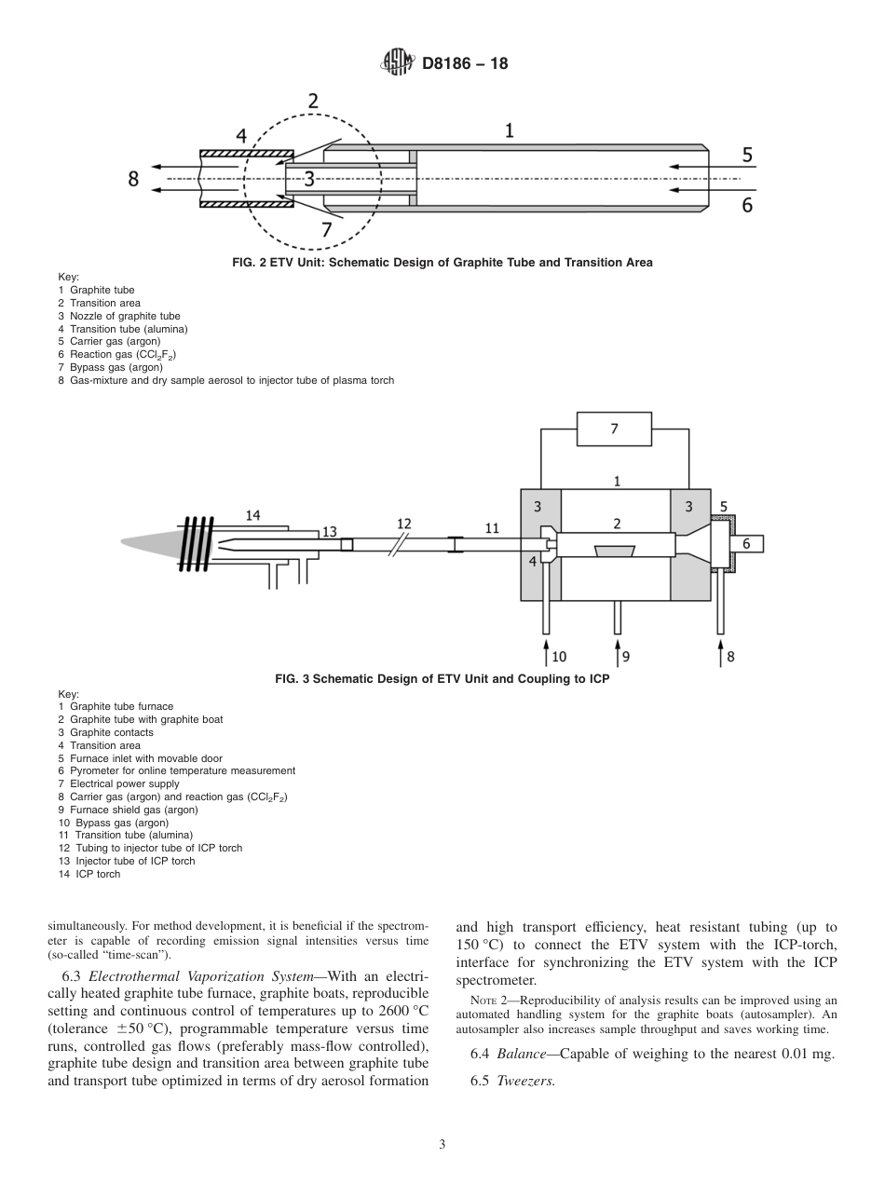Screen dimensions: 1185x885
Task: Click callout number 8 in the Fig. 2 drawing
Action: click(x=133, y=179)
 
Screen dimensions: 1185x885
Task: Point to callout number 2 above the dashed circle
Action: click(x=313, y=102)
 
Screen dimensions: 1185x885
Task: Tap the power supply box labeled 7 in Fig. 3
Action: click(x=614, y=429)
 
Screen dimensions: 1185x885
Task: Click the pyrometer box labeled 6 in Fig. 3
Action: click(x=746, y=542)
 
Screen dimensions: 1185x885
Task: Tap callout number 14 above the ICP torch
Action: click(x=253, y=514)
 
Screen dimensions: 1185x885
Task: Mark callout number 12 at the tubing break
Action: click(x=403, y=524)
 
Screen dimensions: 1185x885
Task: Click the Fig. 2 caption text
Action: click(x=442, y=263)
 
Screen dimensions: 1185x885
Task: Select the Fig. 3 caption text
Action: click(x=442, y=679)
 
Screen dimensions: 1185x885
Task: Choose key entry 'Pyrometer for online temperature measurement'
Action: click(x=183, y=770)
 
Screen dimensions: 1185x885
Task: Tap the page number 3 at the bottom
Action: click(x=442, y=1145)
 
